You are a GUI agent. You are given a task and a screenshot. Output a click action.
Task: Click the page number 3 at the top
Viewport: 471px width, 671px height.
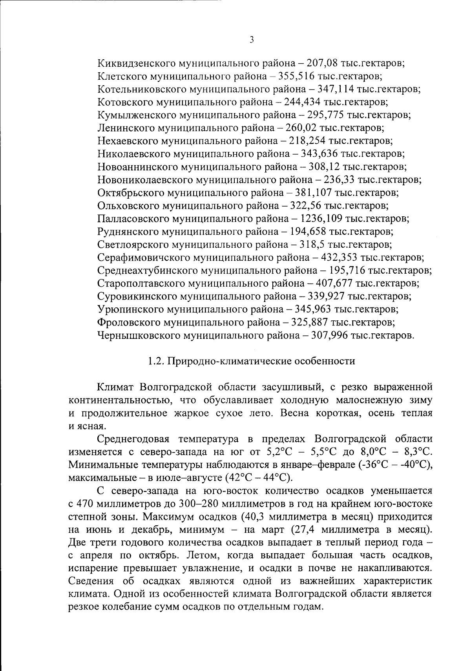click(251, 39)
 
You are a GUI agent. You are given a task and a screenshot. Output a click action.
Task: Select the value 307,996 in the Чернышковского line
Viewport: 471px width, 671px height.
click(329, 335)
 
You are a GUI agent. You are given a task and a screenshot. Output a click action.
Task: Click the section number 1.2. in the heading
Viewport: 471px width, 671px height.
click(155, 361)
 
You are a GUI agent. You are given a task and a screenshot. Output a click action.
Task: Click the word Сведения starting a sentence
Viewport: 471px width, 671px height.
click(89, 581)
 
